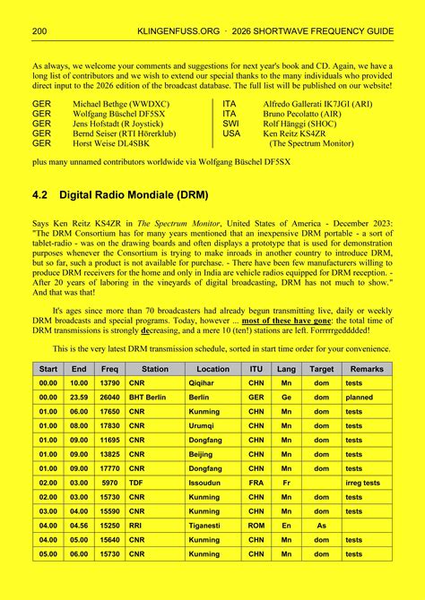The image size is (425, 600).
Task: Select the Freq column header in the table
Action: [109, 369]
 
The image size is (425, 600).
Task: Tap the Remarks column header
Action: [367, 369]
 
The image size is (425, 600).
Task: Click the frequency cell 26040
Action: [109, 397]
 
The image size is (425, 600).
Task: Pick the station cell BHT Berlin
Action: [149, 397]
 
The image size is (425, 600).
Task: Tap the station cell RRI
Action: [136, 526]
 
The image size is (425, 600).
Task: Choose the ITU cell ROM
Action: [256, 526]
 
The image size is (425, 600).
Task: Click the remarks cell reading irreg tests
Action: [362, 483]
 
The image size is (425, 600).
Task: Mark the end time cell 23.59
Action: [79, 397]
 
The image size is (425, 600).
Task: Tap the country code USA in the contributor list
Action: [232, 133]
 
